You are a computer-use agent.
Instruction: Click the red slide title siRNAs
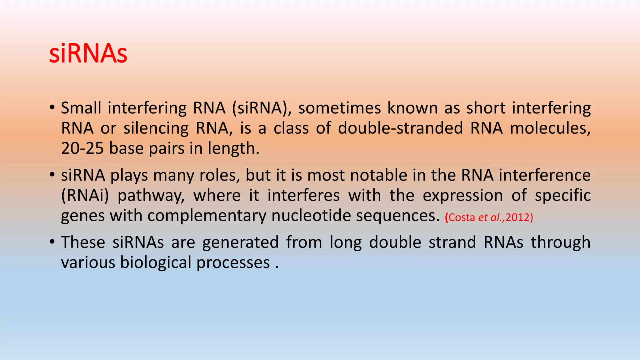(x=88, y=54)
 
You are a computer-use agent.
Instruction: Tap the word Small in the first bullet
(x=81, y=108)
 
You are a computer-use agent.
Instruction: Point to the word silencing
(x=156, y=128)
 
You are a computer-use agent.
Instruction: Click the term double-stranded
(x=400, y=128)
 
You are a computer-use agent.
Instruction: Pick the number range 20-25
(x=82, y=148)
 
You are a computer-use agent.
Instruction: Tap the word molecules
(x=550, y=128)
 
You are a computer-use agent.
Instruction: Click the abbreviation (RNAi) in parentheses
(x=85, y=196)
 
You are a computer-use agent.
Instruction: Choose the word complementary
(x=207, y=216)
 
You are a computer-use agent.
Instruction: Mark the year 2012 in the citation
(x=517, y=217)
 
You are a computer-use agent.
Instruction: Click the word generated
(x=240, y=243)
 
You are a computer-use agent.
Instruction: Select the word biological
(x=156, y=263)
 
